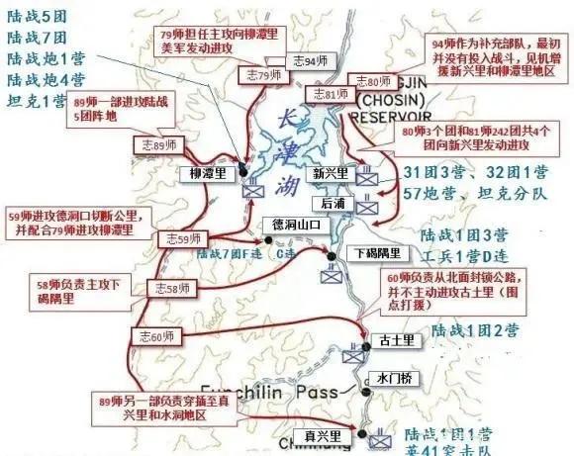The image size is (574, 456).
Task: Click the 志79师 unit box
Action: click(x=261, y=75)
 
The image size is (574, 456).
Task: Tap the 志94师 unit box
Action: click(x=306, y=62)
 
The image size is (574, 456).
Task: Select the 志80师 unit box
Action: click(x=374, y=80)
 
